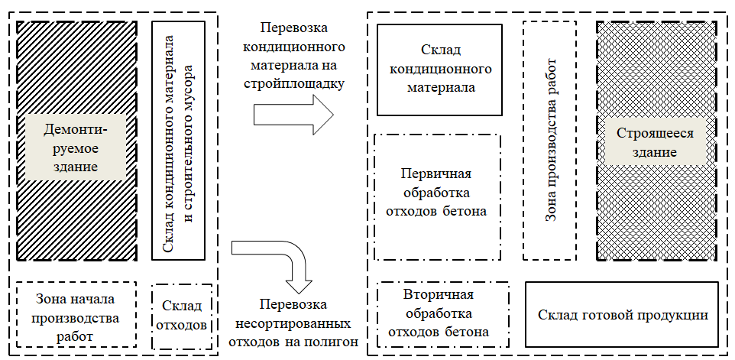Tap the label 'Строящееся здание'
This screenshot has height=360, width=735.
pyautogui.click(x=655, y=142)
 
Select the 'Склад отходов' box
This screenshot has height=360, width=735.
pyautogui.click(x=181, y=316)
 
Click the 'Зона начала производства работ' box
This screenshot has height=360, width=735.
pyautogui.click(x=76, y=315)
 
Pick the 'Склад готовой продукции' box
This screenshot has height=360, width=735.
pyautogui.click(x=623, y=314)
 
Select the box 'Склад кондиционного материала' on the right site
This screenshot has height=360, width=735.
pyautogui.click(x=439, y=70)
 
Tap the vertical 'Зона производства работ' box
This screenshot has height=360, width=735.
pyautogui.click(x=549, y=140)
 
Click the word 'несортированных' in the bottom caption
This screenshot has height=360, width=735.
pyautogui.click(x=294, y=322)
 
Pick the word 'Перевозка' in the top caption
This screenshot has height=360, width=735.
pyautogui.click(x=294, y=28)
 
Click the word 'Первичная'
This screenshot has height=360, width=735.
pyautogui.click(x=437, y=173)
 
